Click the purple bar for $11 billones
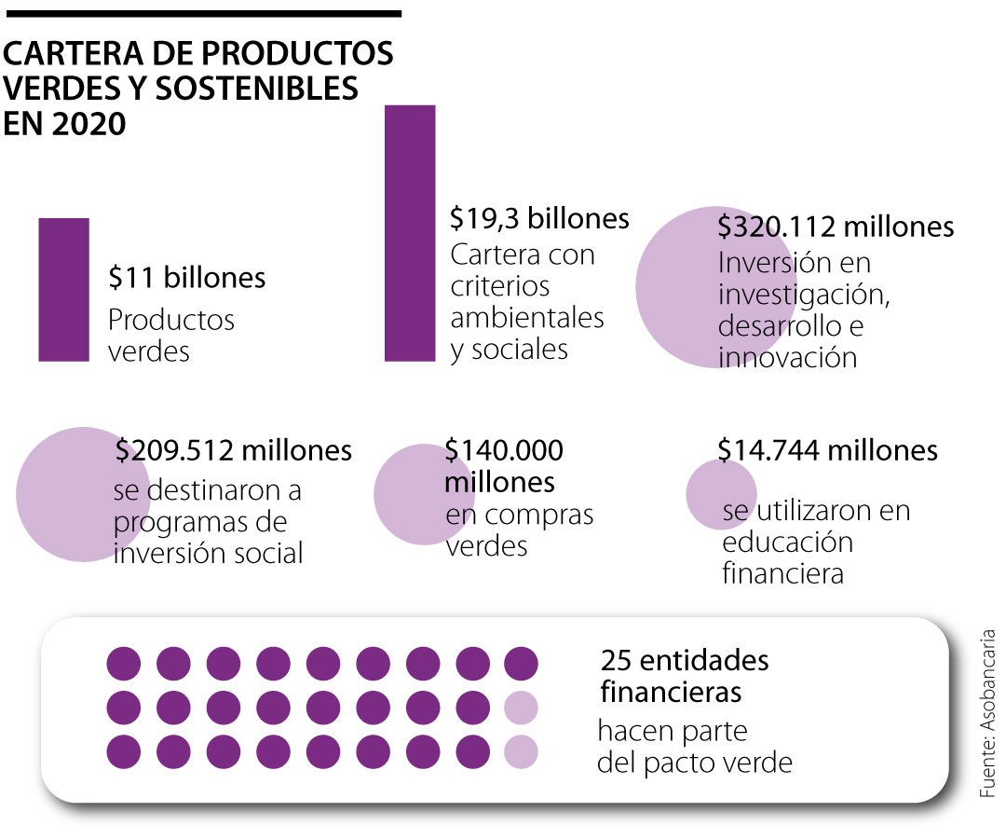click(x=63, y=289)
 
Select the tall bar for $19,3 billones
click(x=410, y=233)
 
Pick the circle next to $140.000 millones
click(x=410, y=494)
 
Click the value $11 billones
click(x=186, y=277)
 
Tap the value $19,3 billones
click(x=539, y=218)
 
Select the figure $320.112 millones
click(x=836, y=227)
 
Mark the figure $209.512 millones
click(x=234, y=450)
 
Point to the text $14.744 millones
click(x=827, y=450)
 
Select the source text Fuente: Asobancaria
click(x=987, y=713)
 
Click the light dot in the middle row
click(x=521, y=708)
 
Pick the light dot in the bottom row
click(x=521, y=751)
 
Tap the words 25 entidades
click(x=685, y=661)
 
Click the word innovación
click(x=787, y=357)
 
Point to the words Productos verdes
click(x=171, y=336)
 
